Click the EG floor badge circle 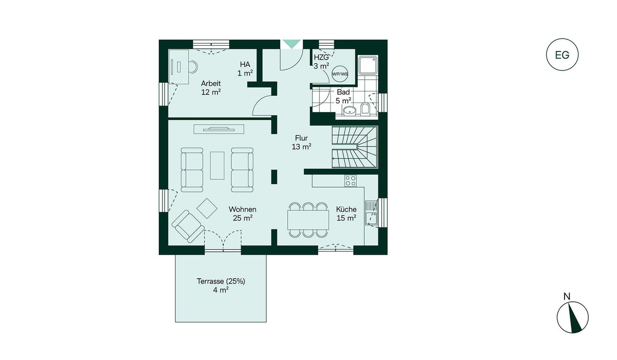point(562,39)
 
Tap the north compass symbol point(572,317)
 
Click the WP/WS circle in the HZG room point(340,74)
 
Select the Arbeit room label point(211,83)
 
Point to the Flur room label point(301,138)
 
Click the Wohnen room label point(242,209)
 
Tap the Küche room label point(346,209)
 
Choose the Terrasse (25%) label point(221,281)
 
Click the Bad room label point(343,92)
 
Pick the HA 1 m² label point(245,68)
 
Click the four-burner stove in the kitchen point(351,181)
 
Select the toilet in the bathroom point(365,109)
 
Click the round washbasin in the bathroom point(350,111)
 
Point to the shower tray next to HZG point(368,65)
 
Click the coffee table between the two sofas point(217,166)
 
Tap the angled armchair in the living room point(188,226)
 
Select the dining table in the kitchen point(308,220)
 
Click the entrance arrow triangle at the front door point(292,44)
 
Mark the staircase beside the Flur point(355,147)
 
